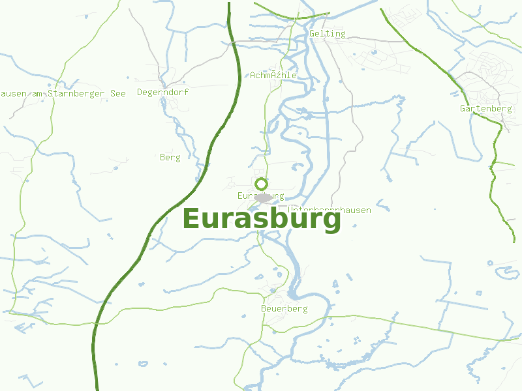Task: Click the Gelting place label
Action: [x=328, y=34]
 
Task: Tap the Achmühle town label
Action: [x=273, y=75]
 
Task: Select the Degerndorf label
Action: [x=162, y=93]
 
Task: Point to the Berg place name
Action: [x=170, y=157]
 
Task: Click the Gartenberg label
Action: [x=485, y=108]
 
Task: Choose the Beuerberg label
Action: [x=284, y=308]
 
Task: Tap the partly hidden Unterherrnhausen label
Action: [x=330, y=210]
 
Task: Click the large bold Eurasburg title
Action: [x=262, y=219]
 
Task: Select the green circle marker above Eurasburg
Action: [x=262, y=184]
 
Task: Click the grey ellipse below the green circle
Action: [x=263, y=197]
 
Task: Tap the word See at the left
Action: [x=118, y=93]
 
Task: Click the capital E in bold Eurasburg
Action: [x=191, y=219]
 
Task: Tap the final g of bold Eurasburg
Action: [x=333, y=222]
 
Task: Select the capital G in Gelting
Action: [x=313, y=34]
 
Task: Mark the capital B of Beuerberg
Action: [x=263, y=308]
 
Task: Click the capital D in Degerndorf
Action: [x=140, y=93]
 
